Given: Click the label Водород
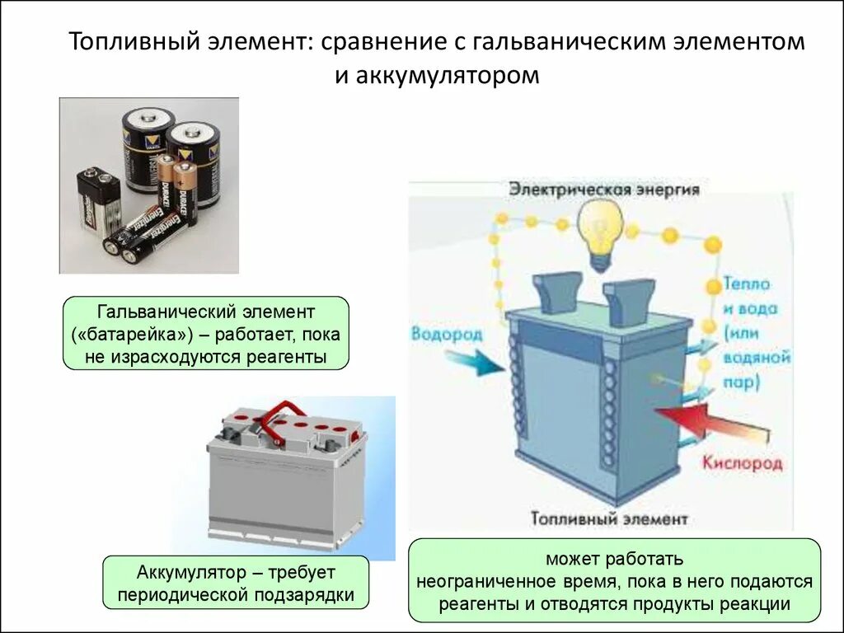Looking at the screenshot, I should point(446,334).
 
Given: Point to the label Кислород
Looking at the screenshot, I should point(742,463).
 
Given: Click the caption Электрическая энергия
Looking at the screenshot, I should point(604,190).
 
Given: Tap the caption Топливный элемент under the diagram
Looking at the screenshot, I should point(609,519).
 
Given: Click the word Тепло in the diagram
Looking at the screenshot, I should point(747,284).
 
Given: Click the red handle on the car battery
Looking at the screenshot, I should point(280,413).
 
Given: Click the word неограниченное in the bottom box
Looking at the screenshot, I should point(476,581).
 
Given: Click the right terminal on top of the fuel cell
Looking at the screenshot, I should point(628,295).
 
